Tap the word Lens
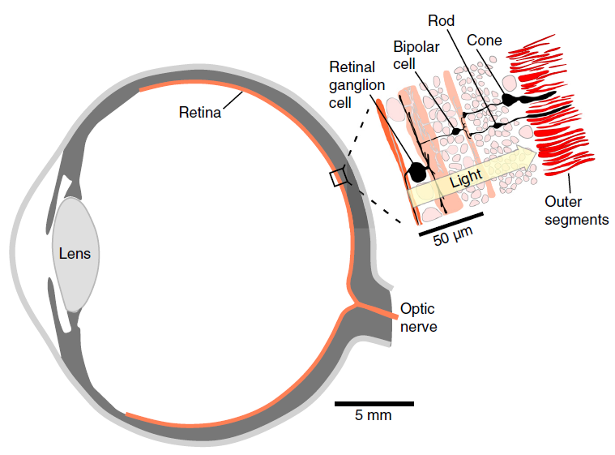coord(75,253)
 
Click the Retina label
coord(199,113)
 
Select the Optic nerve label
coord(418,318)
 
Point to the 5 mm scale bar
coord(374,403)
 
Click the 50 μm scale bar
coord(451,215)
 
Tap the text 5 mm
coord(374,417)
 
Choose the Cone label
coord(485,40)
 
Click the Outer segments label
coord(576,210)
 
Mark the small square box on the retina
coord(338,178)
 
